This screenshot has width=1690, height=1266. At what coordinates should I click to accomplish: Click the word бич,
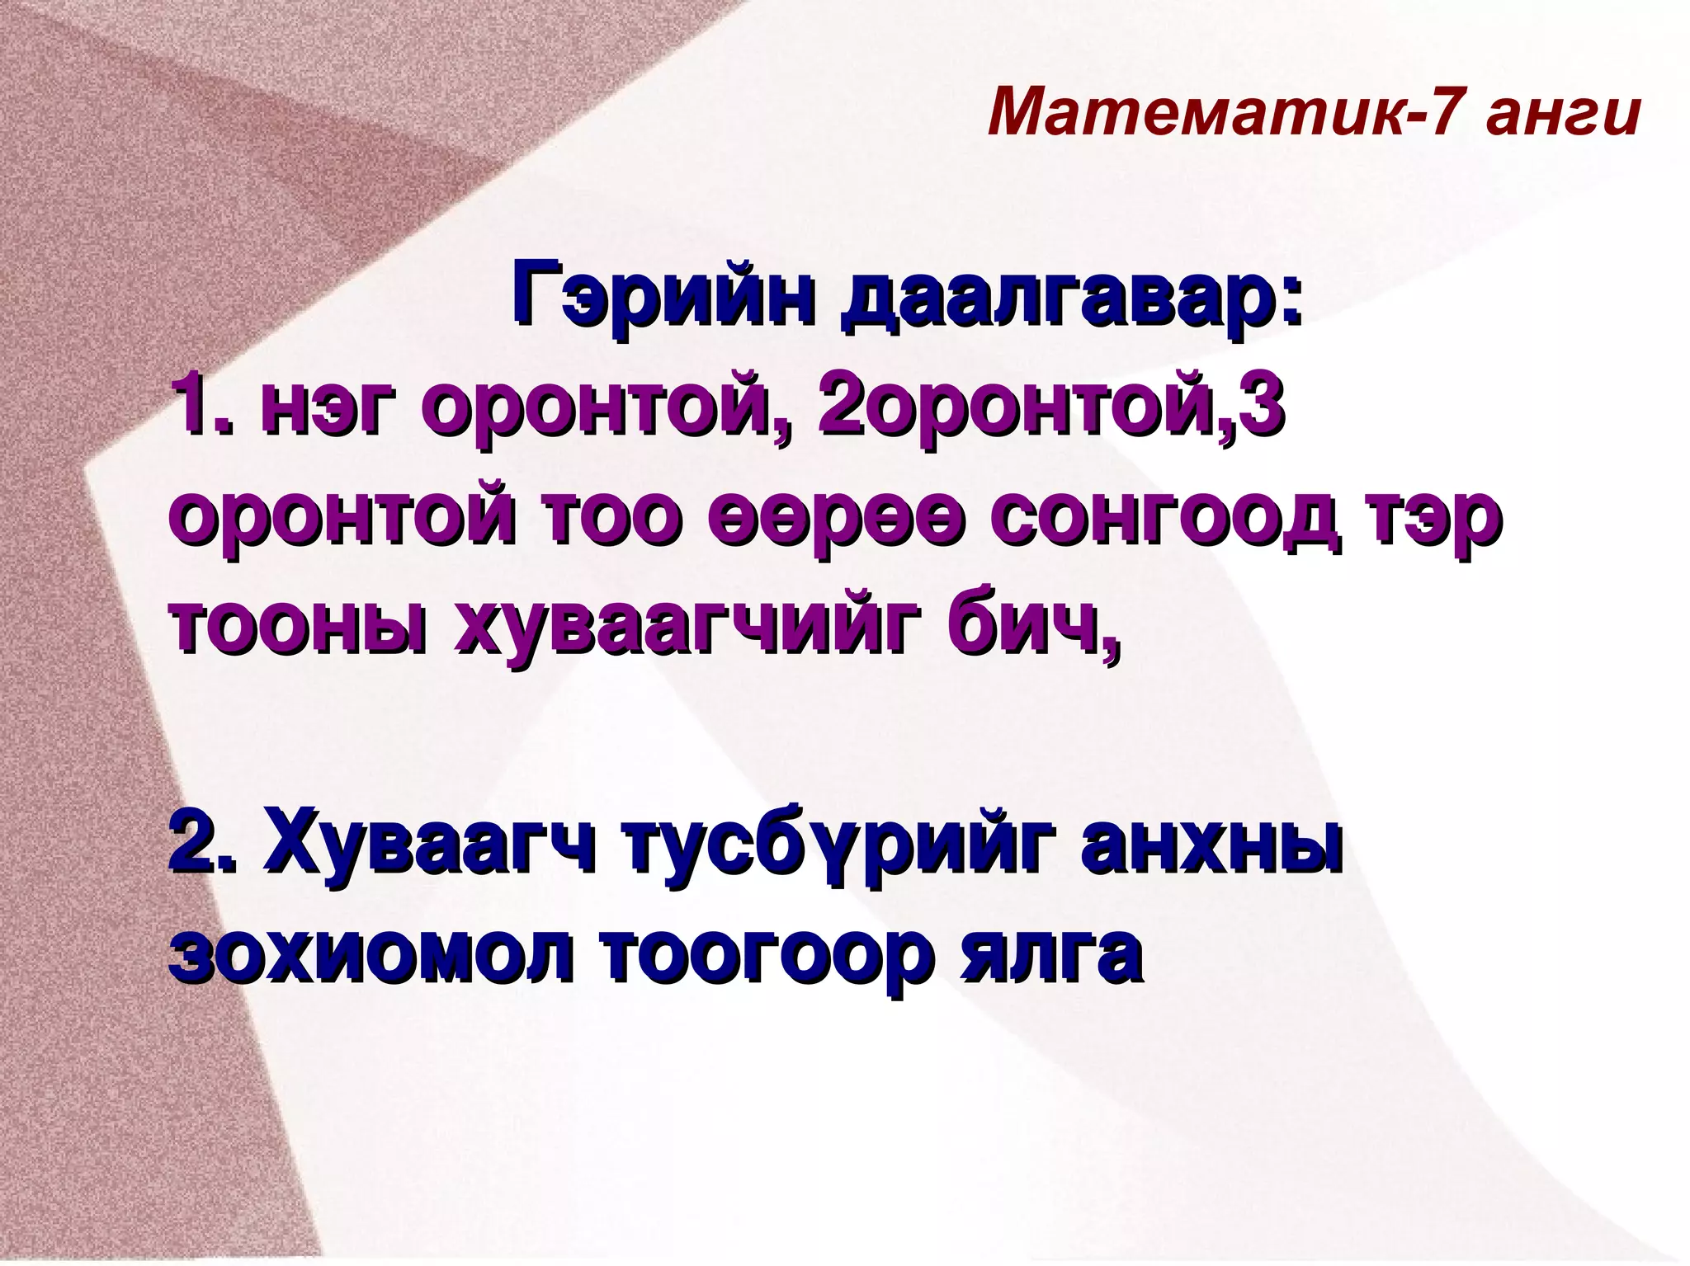[x=1031, y=627]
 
